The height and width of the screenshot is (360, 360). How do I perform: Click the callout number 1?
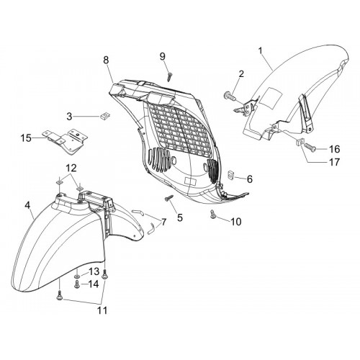(261, 50)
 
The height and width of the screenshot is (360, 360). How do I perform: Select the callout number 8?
(106, 60)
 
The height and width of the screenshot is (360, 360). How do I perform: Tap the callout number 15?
(26, 138)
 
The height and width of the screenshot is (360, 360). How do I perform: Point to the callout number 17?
(335, 162)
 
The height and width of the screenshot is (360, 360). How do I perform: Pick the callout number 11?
(102, 310)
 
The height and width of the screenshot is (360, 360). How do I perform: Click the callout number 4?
(28, 205)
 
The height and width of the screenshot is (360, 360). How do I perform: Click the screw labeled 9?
(170, 76)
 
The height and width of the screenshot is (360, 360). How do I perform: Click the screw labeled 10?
(212, 215)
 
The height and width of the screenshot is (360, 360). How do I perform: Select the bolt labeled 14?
(77, 284)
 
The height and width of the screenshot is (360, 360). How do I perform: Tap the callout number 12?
(71, 168)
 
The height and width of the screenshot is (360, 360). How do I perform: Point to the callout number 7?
(163, 222)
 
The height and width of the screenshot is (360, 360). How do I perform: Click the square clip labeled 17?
(299, 141)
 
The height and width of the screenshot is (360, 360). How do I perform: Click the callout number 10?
(235, 222)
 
